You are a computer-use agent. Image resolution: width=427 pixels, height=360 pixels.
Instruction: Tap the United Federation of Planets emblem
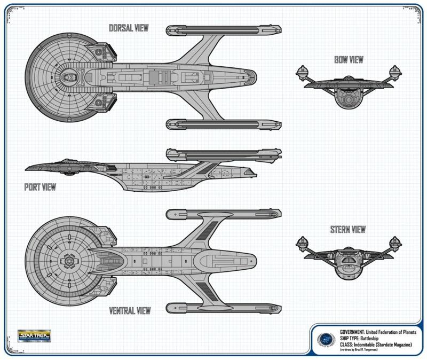pos(323,339)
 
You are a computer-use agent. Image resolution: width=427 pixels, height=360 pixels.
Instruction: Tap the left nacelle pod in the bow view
pos(304,71)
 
